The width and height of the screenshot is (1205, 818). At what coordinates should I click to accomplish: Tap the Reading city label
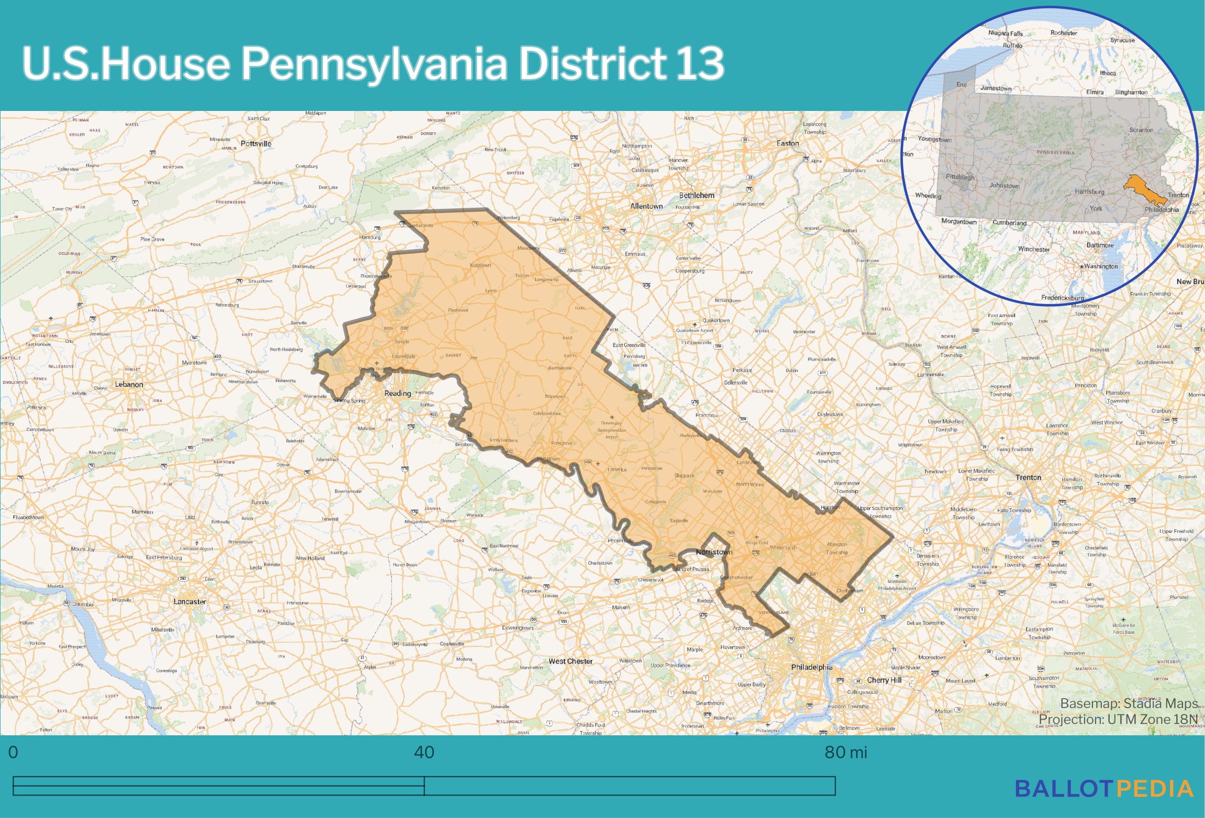point(397,394)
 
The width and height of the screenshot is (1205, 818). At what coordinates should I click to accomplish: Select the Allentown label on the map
point(646,206)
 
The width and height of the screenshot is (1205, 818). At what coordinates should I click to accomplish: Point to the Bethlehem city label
point(696,195)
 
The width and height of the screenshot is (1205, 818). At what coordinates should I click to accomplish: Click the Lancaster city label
point(189,602)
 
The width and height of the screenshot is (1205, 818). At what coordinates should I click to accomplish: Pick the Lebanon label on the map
point(129,385)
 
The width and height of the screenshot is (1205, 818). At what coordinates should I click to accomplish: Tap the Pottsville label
point(256,144)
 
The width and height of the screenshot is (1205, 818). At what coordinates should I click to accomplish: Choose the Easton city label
point(787,143)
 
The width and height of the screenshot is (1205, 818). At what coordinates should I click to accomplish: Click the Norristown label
point(714,552)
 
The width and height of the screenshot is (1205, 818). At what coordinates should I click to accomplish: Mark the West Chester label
point(570,662)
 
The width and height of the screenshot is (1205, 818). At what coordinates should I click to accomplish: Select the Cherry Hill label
point(884,680)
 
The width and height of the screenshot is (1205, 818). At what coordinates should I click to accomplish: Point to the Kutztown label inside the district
point(480,265)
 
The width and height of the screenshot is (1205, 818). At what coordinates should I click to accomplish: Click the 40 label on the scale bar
point(423,753)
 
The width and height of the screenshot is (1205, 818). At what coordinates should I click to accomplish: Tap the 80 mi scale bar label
point(845,753)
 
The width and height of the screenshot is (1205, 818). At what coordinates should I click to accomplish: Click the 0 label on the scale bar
point(14,753)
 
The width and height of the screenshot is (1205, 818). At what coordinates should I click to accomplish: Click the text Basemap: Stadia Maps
point(1129,703)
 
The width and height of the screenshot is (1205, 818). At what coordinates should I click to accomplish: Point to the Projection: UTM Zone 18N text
point(1118,720)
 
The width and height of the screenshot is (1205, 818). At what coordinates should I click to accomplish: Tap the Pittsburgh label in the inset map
point(959,177)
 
